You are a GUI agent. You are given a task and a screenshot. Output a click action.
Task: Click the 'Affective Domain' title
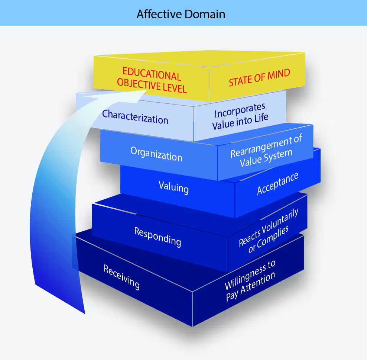pyautogui.click(x=181, y=14)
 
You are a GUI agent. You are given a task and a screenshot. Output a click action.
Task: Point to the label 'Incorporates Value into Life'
pyautogui.click(x=240, y=116)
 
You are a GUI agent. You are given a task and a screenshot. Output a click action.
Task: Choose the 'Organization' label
pyautogui.click(x=156, y=153)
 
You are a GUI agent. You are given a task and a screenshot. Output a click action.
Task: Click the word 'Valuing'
pyautogui.click(x=173, y=187)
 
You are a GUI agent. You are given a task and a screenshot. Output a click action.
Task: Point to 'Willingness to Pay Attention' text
pyautogui.click(x=250, y=281)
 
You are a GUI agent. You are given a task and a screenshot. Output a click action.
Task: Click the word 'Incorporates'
pyautogui.click(x=240, y=110)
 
